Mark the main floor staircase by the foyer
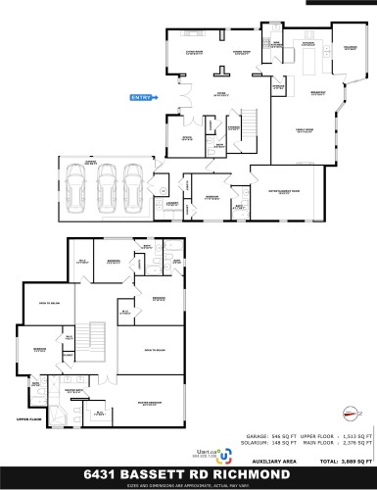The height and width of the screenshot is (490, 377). click(x=249, y=121)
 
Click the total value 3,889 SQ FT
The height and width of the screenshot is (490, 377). click(x=354, y=460)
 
